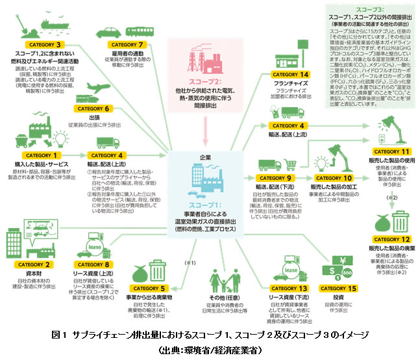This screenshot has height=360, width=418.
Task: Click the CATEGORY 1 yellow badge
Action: [x=41, y=155]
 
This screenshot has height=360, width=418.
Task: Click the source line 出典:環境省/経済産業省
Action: [x=209, y=350]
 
